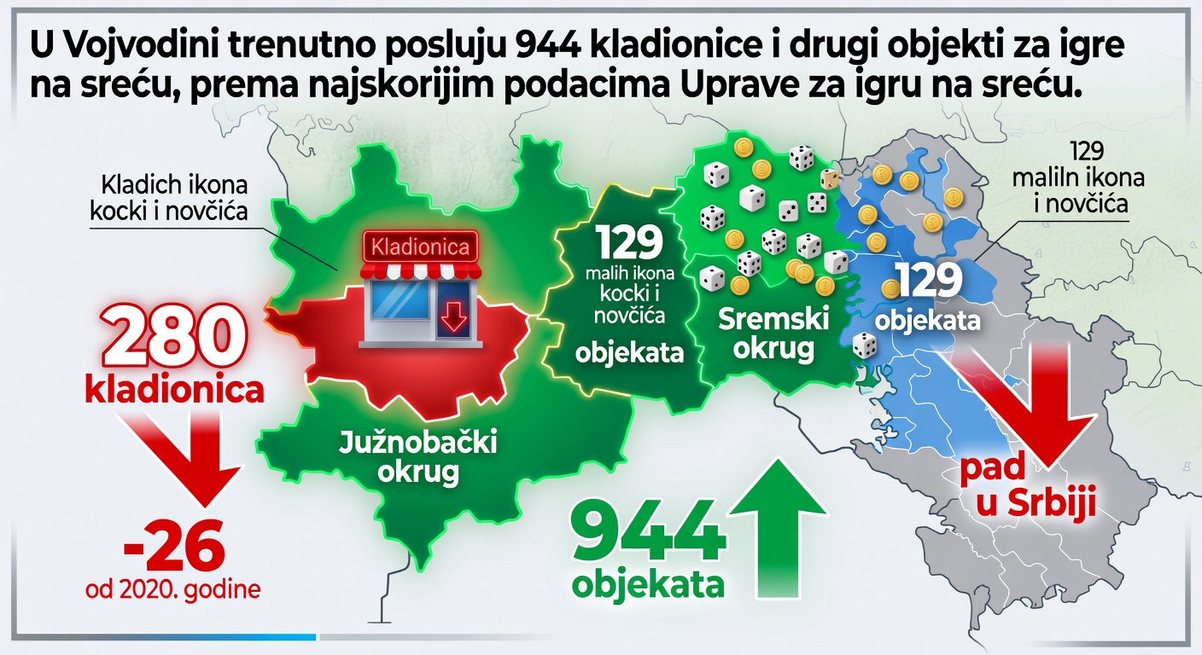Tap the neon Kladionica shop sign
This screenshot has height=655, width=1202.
418,248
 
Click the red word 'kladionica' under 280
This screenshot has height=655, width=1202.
174,390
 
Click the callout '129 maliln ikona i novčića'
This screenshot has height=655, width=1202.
1078,179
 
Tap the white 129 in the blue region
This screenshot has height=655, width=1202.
928,281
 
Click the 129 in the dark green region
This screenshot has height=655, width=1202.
630,244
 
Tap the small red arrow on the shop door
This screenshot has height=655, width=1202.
452,319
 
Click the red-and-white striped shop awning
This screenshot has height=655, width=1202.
418,270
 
